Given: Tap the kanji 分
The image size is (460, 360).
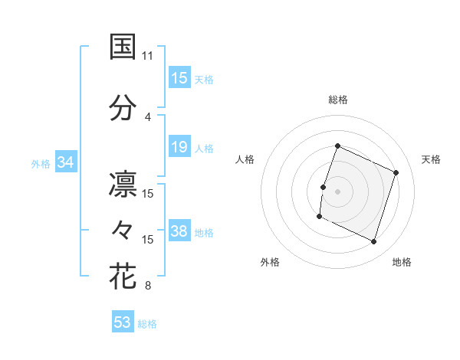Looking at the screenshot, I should [x=123, y=107].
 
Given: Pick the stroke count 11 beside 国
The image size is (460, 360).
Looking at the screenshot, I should [x=148, y=56].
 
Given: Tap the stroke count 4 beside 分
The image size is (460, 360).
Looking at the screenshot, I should [x=148, y=117].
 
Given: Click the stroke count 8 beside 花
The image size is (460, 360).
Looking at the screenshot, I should [x=148, y=286].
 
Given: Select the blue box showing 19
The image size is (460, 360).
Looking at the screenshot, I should [x=179, y=147].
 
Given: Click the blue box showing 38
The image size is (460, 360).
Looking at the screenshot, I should [x=179, y=231].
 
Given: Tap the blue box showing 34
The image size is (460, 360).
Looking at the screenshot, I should [x=65, y=162].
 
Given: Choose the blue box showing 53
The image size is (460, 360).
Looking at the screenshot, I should [x=123, y=322].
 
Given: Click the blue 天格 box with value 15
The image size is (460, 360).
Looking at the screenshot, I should [x=179, y=78].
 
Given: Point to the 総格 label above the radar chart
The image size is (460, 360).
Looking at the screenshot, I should [x=337, y=100].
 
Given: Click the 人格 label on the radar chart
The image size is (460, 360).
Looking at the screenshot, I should [x=245, y=159].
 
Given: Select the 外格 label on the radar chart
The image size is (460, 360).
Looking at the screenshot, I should [x=270, y=262].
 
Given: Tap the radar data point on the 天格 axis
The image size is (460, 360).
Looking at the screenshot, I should [x=396, y=172].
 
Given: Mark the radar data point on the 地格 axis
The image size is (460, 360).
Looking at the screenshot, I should [x=374, y=242].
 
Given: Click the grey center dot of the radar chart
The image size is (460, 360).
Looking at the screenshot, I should [x=337, y=191].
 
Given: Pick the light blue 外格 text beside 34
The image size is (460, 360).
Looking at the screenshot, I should [x=41, y=163].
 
